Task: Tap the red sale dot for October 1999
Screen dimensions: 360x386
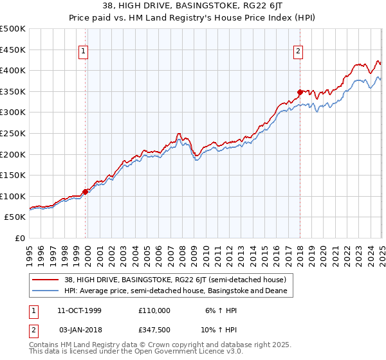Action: click(x=86, y=192)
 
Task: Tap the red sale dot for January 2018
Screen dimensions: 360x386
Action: click(x=300, y=92)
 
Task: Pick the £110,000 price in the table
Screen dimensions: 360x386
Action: click(x=154, y=310)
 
